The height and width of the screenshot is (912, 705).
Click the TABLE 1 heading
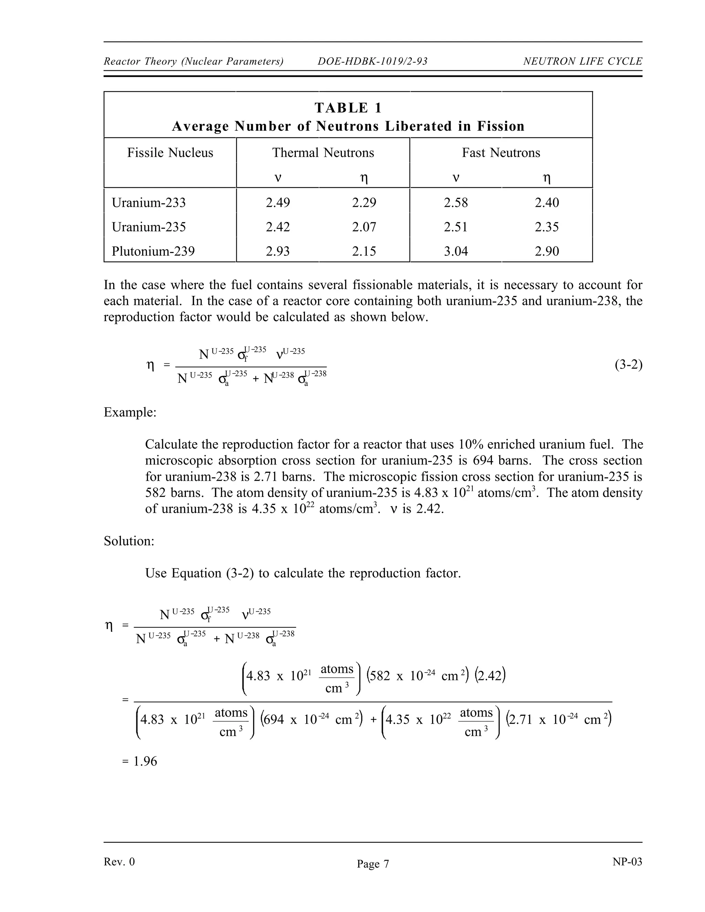pyautogui.click(x=348, y=108)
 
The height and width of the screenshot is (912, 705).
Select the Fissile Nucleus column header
pyautogui.click(x=170, y=153)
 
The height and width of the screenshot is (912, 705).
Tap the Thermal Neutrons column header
pyautogui.click(x=323, y=153)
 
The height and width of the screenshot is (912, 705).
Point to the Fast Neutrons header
pyautogui.click(x=501, y=153)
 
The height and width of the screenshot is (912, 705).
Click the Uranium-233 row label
pyautogui.click(x=148, y=203)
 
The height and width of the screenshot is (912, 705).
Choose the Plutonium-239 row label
pyautogui.click(x=153, y=251)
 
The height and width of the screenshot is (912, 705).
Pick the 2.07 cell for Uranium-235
pyautogui.click(x=364, y=227)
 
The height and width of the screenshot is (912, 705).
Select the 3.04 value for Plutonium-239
pyautogui.click(x=456, y=251)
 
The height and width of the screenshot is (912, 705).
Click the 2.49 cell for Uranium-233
pyautogui.click(x=278, y=203)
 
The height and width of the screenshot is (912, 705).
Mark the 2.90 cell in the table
pyautogui.click(x=547, y=251)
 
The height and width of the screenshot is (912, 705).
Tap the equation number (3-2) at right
pyautogui.click(x=628, y=365)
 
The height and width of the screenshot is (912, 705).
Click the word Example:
pyautogui.click(x=130, y=413)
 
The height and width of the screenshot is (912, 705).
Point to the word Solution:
pyautogui.click(x=129, y=541)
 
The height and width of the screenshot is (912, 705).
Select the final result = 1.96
pyautogui.click(x=139, y=761)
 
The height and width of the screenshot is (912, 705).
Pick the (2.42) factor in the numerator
pyautogui.click(x=490, y=676)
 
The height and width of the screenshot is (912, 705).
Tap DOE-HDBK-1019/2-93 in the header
pyautogui.click(x=372, y=61)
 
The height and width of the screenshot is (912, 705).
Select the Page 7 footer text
pyautogui.click(x=372, y=864)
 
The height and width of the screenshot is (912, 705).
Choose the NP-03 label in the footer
pyautogui.click(x=627, y=862)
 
